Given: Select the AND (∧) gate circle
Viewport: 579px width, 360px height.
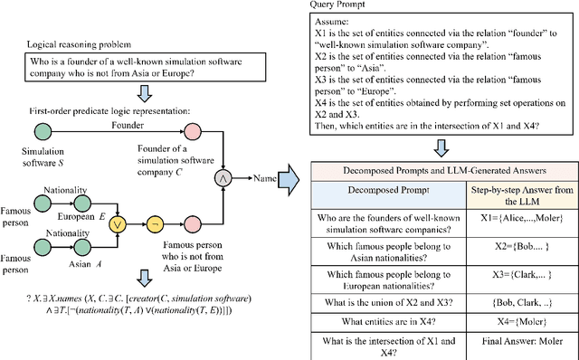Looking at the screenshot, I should click(219, 180).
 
